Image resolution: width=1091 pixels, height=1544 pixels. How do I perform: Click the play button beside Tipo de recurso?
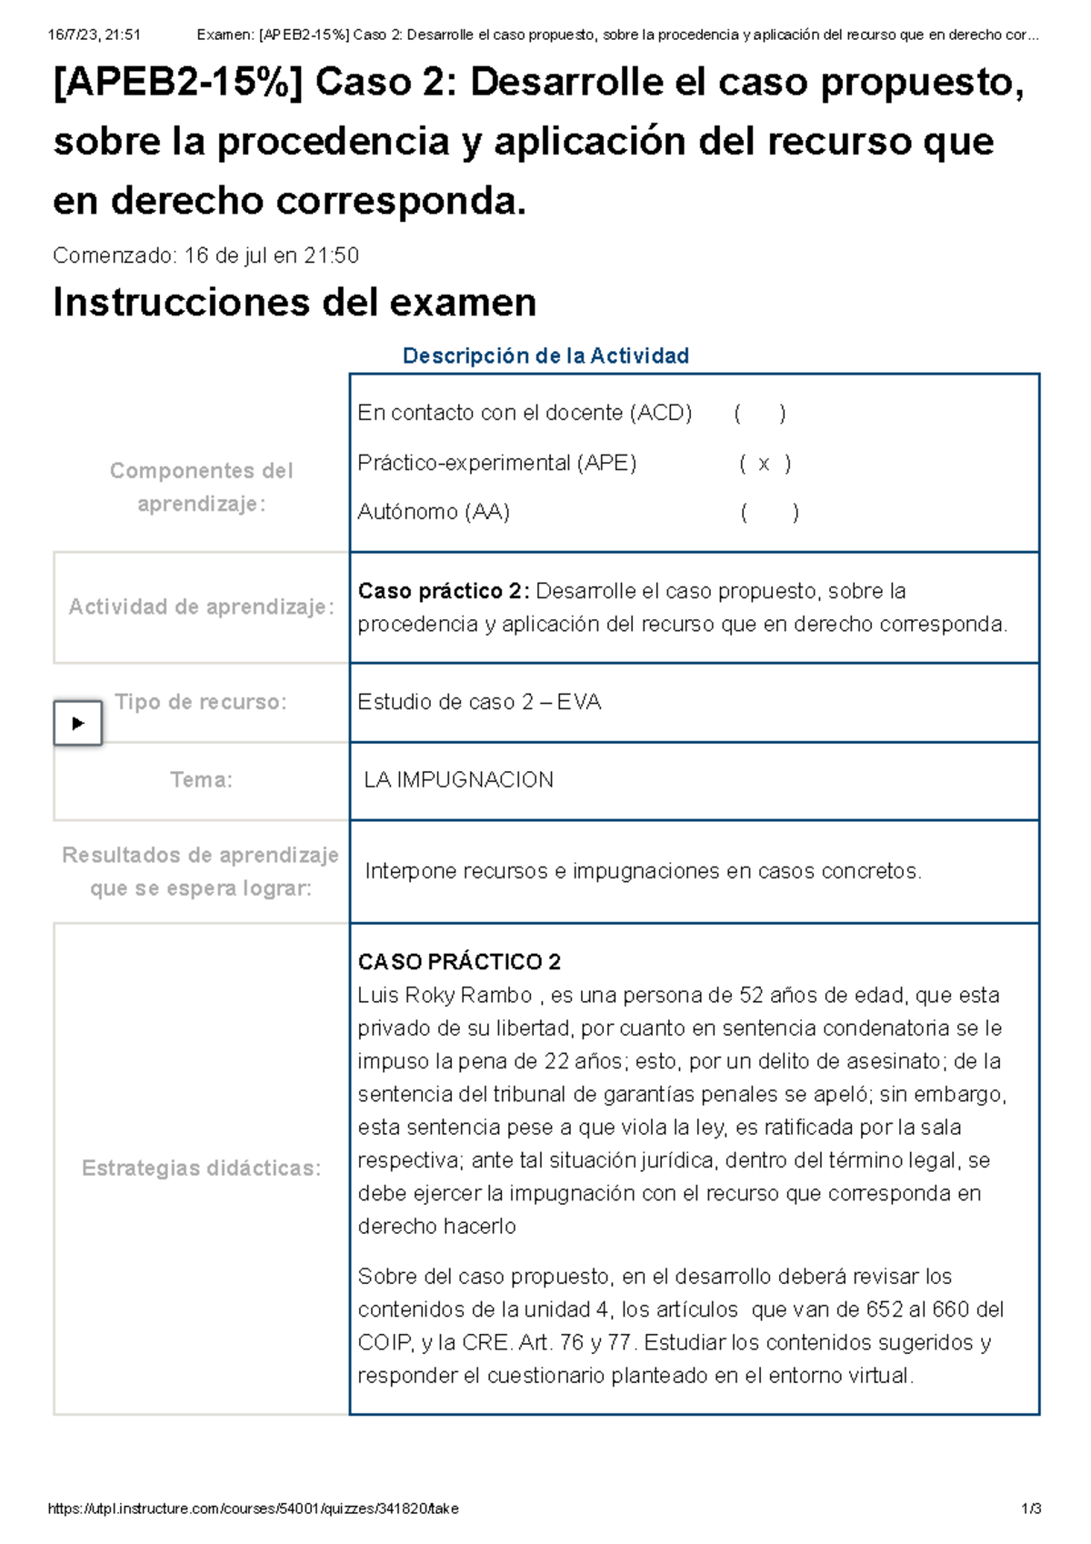pos(77,723)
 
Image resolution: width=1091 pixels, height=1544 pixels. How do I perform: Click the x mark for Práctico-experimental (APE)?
pos(764,464)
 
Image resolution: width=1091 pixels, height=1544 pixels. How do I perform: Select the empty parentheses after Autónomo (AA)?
pos(769,513)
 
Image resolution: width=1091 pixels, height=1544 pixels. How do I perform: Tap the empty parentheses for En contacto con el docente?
pos(759,414)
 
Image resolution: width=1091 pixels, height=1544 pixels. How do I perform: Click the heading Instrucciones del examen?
pos(295,303)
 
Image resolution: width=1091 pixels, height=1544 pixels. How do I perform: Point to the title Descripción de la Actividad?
pos(545,356)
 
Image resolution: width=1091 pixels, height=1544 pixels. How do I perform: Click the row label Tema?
pos(201,780)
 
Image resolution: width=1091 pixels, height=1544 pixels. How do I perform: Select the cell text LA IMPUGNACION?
pos(458,780)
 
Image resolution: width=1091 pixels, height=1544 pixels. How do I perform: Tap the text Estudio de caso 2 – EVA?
pos(479,702)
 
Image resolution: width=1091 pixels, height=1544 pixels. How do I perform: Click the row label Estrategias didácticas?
pos(201,1168)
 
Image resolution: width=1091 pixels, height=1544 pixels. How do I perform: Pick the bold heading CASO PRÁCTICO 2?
pos(459,962)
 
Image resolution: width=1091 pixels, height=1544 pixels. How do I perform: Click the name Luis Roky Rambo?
pos(445,995)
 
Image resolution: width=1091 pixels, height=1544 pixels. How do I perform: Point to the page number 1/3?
pos(1031,1509)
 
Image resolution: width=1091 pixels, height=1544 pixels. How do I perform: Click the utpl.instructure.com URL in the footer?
pos(253,1509)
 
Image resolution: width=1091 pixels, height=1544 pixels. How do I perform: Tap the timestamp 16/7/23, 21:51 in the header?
pos(94,35)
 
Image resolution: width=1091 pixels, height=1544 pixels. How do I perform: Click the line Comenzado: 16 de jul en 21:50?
pos(205,256)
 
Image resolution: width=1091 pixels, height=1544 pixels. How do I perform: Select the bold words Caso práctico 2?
pos(444,591)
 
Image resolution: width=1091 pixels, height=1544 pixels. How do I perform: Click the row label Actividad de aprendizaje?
pos(201,607)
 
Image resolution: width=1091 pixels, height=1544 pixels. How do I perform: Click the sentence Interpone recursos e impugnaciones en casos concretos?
pos(643,871)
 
